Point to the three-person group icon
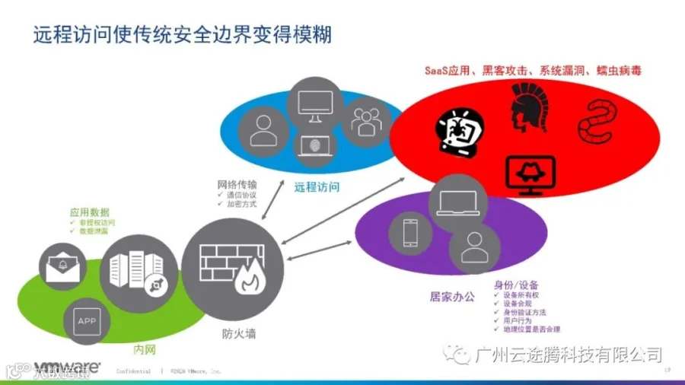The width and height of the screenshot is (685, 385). coord(365,120)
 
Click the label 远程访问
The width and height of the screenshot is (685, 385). coord(317,186)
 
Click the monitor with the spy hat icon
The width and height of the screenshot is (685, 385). coord(530,174)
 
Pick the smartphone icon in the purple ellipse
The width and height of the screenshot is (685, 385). coord(410,233)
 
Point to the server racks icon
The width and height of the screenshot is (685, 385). coord(138,273)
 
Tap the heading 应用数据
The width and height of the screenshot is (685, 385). coord(89,212)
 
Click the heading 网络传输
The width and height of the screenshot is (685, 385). coord(237,184)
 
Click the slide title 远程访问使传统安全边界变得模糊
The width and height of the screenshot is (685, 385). coord(183,36)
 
